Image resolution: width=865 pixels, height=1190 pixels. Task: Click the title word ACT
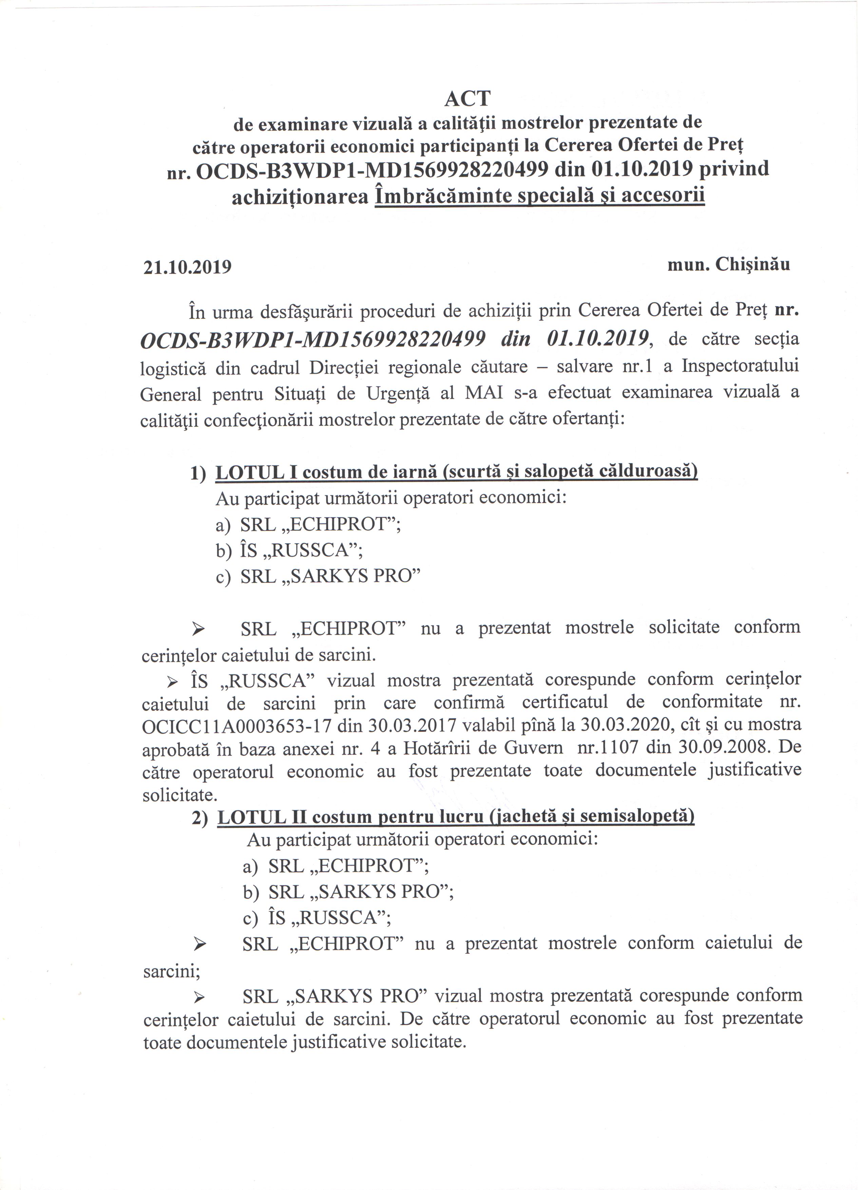pos(468,99)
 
